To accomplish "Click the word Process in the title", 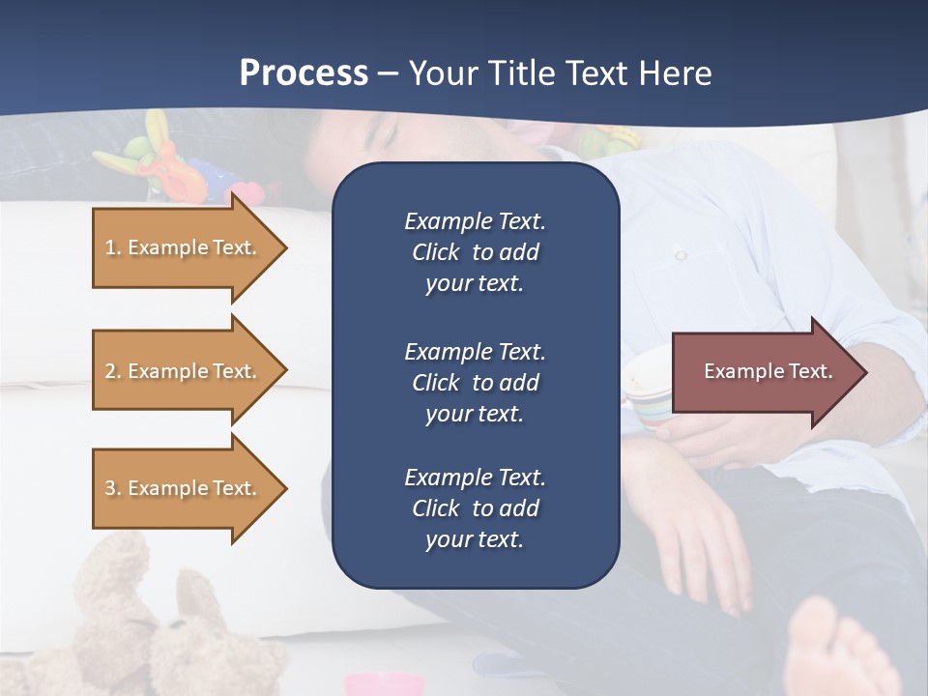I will [304, 72].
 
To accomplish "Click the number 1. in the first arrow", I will [113, 247].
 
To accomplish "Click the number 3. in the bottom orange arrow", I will [113, 488].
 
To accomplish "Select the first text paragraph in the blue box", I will [475, 252].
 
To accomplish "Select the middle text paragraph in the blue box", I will [475, 383].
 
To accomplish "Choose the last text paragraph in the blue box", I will [475, 508].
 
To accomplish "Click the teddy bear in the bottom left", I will [145, 619].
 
